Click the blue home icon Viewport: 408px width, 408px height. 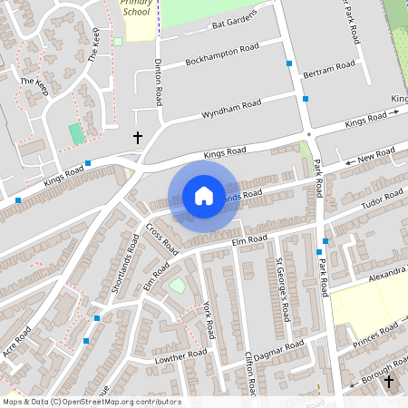[203, 196]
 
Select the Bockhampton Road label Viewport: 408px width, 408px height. [223, 53]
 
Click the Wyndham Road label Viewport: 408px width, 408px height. [231, 110]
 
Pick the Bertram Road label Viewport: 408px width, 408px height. [330, 69]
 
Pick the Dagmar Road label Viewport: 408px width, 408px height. [282, 348]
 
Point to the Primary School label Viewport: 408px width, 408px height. [138, 8]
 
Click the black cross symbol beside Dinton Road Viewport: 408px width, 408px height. [138, 137]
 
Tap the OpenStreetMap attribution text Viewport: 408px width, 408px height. [92, 402]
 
